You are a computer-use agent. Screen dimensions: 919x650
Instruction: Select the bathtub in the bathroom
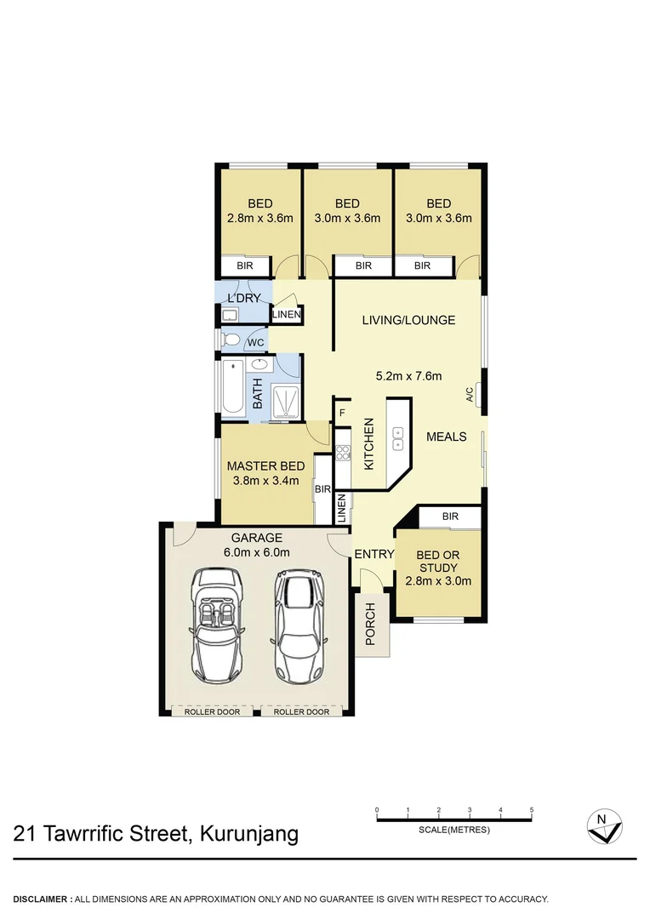coord(232,387)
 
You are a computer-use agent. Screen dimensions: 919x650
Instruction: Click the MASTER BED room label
coord(265,465)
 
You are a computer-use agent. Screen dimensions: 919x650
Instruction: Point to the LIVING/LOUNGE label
coord(408,320)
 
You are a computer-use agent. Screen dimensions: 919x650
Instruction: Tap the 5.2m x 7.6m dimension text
coord(408,375)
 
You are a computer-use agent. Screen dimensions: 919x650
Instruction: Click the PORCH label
coord(370,624)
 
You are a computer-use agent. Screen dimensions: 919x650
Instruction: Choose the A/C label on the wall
coord(469,394)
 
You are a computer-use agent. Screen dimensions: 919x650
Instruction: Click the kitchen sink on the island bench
coord(396,437)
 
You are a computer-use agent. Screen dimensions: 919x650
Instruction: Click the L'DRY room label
coord(243,298)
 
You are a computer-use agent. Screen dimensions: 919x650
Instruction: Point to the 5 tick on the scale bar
coord(532,809)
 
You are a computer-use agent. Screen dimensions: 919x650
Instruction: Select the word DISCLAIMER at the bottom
coord(42,899)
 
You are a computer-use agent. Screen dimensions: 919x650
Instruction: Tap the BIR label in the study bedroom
coord(450,517)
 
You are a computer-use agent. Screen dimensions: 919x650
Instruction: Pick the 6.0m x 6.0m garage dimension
coord(256,552)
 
